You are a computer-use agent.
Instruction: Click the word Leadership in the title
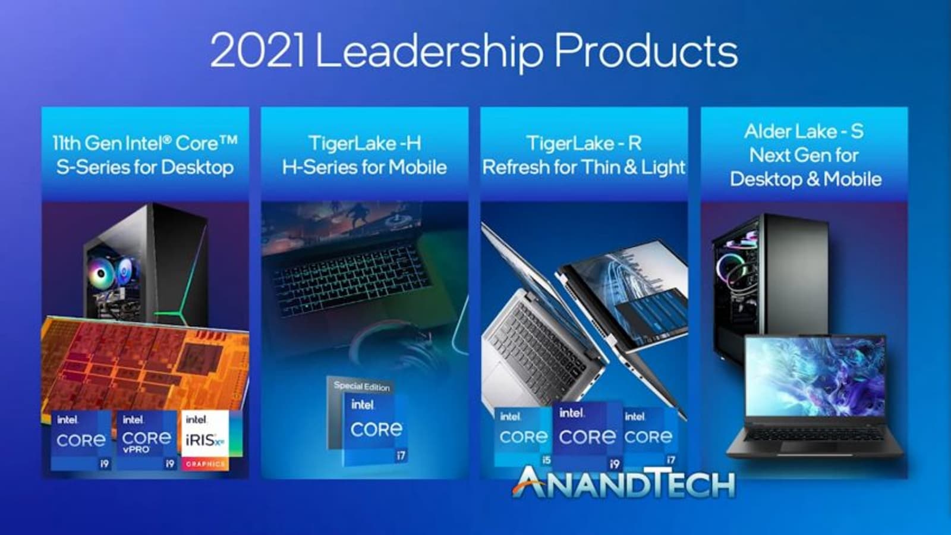point(429,52)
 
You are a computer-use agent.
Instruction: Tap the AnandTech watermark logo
point(624,483)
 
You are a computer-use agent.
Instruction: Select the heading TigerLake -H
point(365,143)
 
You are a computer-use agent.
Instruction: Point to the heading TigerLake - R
point(584,143)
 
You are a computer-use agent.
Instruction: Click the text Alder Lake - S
point(804,131)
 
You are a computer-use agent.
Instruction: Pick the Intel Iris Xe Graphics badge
point(206,440)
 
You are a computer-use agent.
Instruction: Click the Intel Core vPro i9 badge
point(146,440)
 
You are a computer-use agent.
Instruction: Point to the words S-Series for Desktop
point(145,167)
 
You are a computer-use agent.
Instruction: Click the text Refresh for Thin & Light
point(584,167)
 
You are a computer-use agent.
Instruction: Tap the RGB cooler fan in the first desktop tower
point(102,273)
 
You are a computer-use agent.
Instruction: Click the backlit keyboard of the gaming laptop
point(353,281)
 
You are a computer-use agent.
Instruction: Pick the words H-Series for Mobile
point(364,167)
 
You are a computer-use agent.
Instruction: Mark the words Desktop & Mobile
point(805,179)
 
